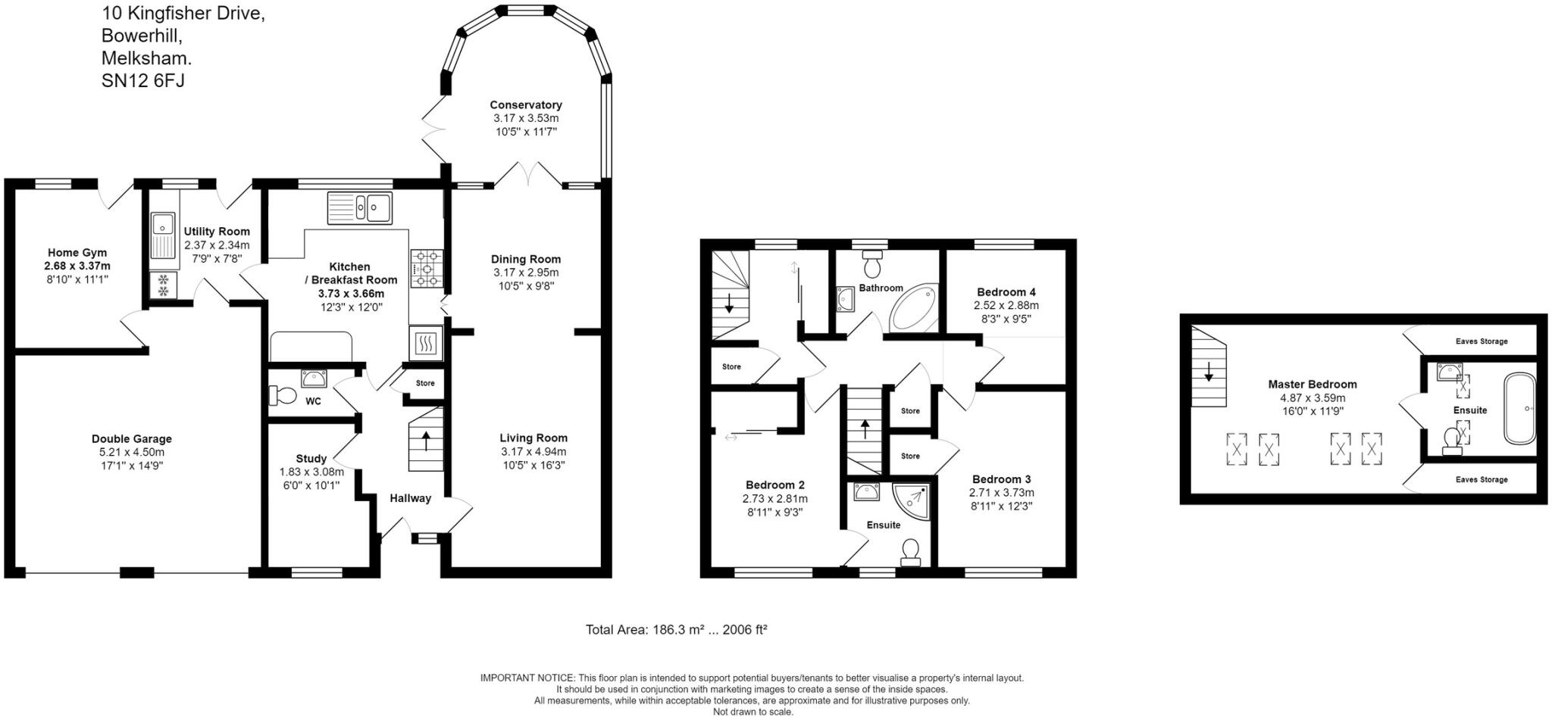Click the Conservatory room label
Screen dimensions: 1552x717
pyautogui.click(x=526, y=105)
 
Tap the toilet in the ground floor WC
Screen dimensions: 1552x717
pyautogui.click(x=283, y=395)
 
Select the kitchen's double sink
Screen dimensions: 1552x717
pyautogui.click(x=360, y=207)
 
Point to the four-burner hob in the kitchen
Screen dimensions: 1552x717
pyautogui.click(x=427, y=269)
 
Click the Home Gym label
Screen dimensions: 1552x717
pyautogui.click(x=77, y=253)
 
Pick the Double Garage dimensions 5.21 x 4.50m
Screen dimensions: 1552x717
pyautogui.click(x=132, y=452)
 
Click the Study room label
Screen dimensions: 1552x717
pyautogui.click(x=311, y=459)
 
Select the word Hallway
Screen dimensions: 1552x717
pyautogui.click(x=411, y=498)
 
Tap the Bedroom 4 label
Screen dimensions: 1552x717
pyautogui.click(x=1006, y=292)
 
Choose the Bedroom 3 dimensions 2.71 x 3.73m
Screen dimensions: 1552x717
pyautogui.click(x=1002, y=493)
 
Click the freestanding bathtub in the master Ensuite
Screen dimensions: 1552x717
pyautogui.click(x=1520, y=408)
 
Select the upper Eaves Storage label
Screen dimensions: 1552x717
pyautogui.click(x=1482, y=341)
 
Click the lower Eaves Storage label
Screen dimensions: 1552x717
pyautogui.click(x=1482, y=480)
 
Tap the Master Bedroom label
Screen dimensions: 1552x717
pyautogui.click(x=1313, y=385)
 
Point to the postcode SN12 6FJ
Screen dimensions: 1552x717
pyautogui.click(x=143, y=80)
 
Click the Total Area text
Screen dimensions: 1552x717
pyautogui.click(x=677, y=629)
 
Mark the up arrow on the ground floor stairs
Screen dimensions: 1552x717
pyautogui.click(x=426, y=440)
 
